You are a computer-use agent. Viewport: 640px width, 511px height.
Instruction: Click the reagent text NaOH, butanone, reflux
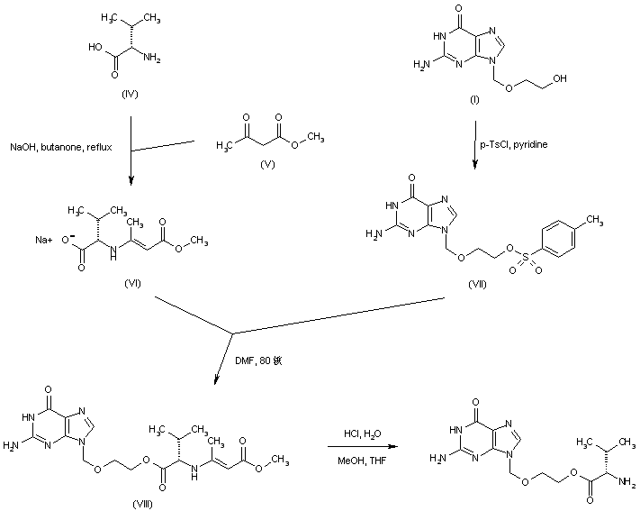[61, 146]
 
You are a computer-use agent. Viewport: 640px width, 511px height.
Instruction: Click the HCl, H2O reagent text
[365, 434]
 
